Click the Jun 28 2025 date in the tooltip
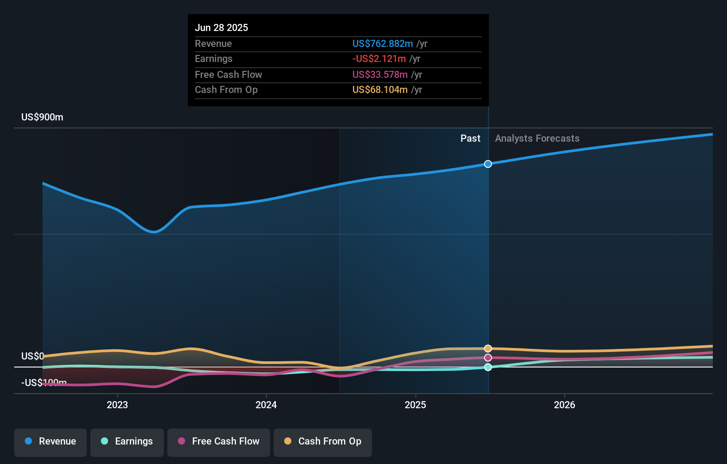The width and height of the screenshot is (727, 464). point(221,27)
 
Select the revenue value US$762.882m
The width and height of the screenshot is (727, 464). point(383,43)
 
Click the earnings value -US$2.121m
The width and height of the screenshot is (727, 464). point(379,59)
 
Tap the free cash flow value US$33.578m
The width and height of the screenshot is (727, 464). point(380,74)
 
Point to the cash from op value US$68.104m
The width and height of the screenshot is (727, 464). point(380,90)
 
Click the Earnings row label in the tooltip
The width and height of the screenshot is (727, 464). point(213,59)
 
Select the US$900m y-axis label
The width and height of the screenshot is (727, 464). point(42,117)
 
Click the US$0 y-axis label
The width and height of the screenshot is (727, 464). point(32,356)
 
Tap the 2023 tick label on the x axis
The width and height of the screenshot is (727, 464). point(117,405)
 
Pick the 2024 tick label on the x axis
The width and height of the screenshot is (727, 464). point(266,405)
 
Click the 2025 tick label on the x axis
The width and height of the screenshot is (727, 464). point(415,405)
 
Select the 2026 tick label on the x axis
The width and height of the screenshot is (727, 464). point(565,405)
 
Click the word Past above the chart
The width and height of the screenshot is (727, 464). point(470,139)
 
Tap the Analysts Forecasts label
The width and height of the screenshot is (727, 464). point(537,139)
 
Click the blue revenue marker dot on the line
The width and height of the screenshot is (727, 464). point(488,164)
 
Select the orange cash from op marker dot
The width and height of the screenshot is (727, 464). point(488,348)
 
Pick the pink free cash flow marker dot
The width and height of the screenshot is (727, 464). point(488,358)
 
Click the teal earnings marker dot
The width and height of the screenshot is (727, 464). point(488,367)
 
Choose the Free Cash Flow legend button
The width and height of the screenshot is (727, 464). point(219,441)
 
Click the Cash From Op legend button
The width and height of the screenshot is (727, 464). point(323,441)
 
